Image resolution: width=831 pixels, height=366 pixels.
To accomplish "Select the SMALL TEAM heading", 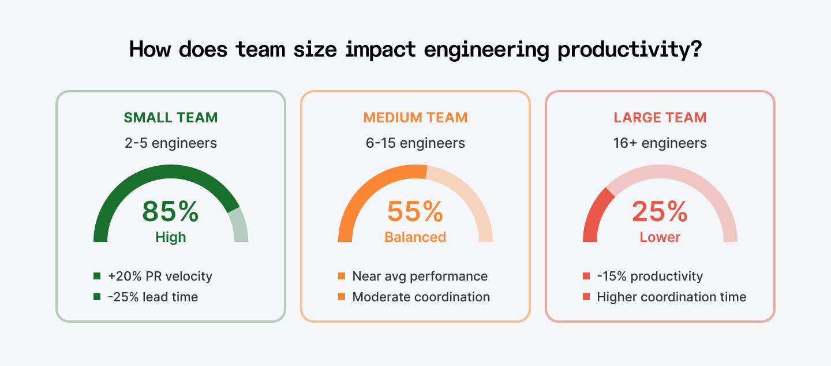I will coord(171,118).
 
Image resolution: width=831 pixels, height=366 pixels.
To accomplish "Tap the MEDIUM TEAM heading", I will coord(415,118).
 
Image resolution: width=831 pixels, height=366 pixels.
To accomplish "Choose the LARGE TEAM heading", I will coord(660,118).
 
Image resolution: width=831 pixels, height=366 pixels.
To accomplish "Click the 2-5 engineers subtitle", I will coord(171,143).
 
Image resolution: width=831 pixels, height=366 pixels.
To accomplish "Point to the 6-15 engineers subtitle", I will coord(415,143).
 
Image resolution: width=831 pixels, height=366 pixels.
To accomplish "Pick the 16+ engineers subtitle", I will coord(660,143).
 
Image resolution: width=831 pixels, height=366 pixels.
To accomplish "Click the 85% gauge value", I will coord(171,211).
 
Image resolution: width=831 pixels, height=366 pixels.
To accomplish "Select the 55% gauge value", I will coord(415,211).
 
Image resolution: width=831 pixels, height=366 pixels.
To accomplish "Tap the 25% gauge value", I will coord(660,211).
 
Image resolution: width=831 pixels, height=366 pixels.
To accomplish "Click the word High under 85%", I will coord(171,237).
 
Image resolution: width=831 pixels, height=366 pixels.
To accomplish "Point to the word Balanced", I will coord(415,237).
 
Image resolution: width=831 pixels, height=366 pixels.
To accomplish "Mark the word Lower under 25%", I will coord(660,237).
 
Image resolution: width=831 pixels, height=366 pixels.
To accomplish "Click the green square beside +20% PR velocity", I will coord(97,277).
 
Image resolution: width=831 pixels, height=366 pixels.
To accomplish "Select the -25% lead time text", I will coord(153,297).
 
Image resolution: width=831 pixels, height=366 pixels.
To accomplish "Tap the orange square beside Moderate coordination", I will coord(342,297).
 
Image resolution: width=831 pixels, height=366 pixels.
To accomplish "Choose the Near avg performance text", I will coord(420,277).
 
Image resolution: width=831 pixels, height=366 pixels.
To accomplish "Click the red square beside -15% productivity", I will coord(586,277).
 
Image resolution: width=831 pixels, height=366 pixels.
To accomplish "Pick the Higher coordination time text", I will coord(672,297).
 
